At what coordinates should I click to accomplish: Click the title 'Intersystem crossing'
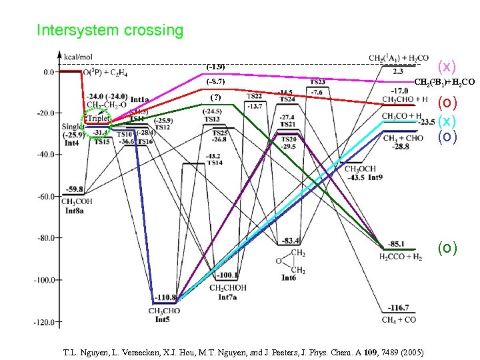pyautogui.click(x=109, y=31)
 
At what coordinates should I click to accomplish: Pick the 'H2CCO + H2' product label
pyautogui.click(x=400, y=257)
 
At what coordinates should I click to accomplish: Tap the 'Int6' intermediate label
pyautogui.click(x=289, y=277)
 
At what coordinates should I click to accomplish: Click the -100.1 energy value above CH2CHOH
pyautogui.click(x=227, y=275)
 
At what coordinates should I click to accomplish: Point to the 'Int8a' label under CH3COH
pyautogui.click(x=74, y=210)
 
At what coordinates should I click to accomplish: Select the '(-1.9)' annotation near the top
pyautogui.click(x=215, y=67)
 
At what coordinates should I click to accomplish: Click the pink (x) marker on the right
pyautogui.click(x=446, y=66)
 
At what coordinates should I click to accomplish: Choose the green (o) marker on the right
pyautogui.click(x=447, y=248)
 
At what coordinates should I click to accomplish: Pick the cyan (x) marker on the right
pyautogui.click(x=447, y=121)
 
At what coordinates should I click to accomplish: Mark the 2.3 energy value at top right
pyautogui.click(x=398, y=71)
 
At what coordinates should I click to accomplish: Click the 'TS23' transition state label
pyautogui.click(x=317, y=82)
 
